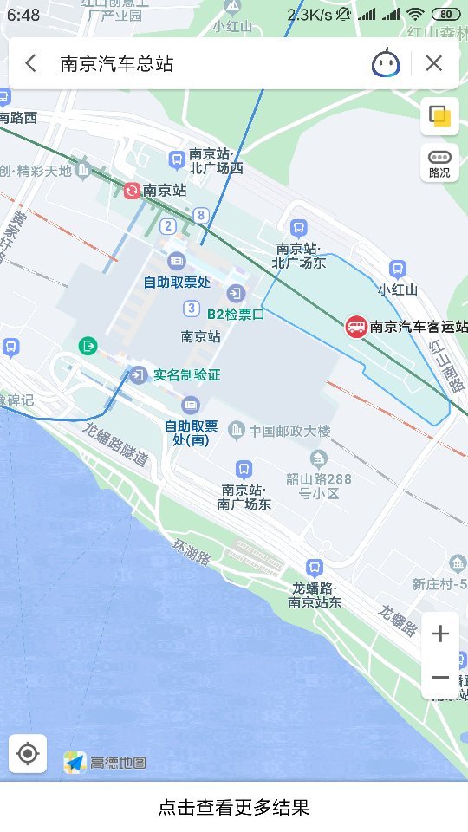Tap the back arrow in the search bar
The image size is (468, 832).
[31, 63]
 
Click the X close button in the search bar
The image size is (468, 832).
[434, 63]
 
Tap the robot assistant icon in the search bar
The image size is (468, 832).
[386, 63]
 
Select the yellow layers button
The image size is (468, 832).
[439, 116]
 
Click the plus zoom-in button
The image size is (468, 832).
[440, 634]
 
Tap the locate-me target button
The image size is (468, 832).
[28, 753]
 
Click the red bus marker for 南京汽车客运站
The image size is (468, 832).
[356, 327]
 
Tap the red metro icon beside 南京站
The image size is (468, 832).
[132, 191]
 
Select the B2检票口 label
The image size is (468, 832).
[235, 314]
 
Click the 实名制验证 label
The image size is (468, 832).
[186, 374]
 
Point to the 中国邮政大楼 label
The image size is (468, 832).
[289, 431]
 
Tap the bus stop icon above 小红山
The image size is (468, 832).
[398, 270]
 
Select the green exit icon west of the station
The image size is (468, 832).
[88, 346]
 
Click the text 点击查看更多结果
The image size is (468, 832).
[234, 808]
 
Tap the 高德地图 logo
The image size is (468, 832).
[105, 762]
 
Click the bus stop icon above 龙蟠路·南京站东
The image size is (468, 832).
[314, 568]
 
